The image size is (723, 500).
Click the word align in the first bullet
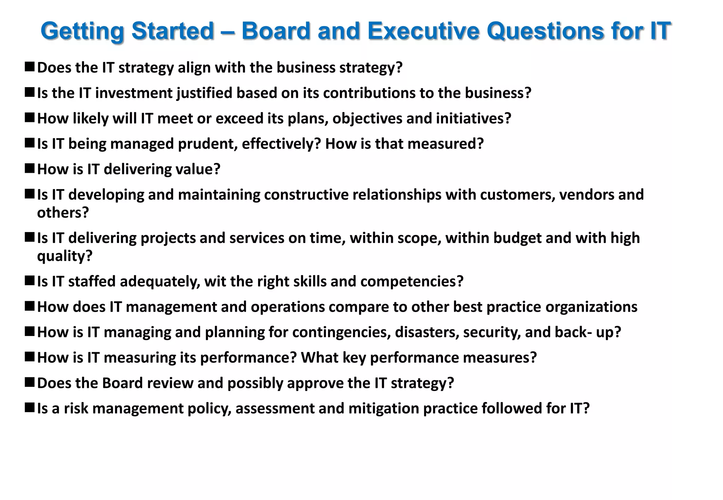[193, 68]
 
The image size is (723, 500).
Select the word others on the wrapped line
[62, 213]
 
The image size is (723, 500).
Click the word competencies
[411, 281]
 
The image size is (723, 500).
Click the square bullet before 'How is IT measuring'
[29, 356]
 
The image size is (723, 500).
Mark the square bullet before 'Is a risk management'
[29, 407]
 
